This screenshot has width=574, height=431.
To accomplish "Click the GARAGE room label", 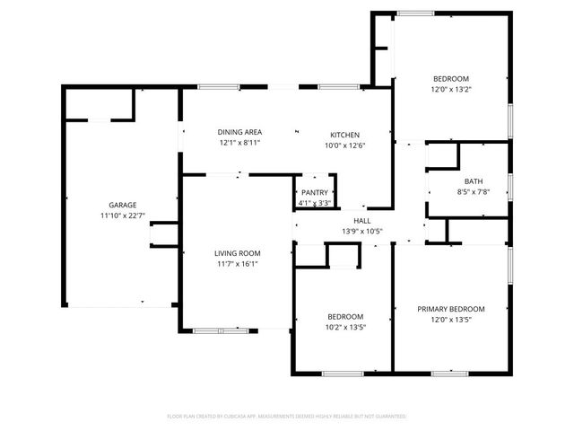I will [123, 205].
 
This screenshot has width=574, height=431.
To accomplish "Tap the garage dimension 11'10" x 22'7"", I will [123, 216].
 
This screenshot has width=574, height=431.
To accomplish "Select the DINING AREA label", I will [239, 131].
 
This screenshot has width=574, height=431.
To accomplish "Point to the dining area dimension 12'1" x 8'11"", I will [239, 143].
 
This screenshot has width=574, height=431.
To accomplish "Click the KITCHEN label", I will [344, 134].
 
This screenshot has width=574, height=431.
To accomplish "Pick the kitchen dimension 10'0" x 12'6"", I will [344, 145].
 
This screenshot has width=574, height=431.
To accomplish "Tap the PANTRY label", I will [315, 192].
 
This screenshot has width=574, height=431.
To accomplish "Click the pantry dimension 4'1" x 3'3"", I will [315, 203].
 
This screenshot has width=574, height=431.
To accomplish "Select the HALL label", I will [361, 221].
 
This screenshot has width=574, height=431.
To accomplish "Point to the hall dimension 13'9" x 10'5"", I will [361, 232].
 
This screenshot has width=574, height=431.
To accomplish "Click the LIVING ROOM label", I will [238, 253].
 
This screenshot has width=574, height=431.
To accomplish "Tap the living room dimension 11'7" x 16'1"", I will [238, 265].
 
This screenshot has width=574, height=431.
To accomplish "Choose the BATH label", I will [473, 180].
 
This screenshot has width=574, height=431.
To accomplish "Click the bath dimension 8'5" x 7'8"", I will [473, 192].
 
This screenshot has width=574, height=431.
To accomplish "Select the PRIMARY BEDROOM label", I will [450, 309].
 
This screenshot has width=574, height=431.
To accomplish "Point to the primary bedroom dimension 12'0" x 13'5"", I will [450, 321].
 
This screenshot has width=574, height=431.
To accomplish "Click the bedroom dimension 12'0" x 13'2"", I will [452, 89].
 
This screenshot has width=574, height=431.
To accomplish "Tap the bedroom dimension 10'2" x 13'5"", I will [344, 328].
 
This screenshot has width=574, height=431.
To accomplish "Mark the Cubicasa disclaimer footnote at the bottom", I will [287, 416].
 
